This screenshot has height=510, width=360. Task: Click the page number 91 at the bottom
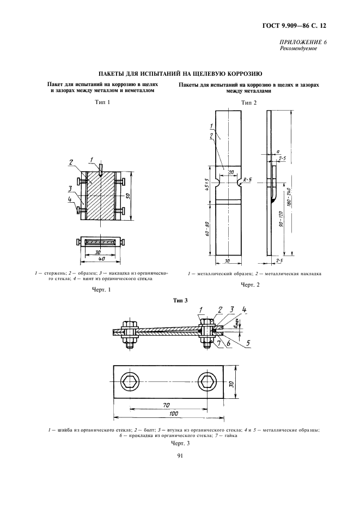[179, 464]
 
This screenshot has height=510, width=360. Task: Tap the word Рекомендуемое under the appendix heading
[298, 48]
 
